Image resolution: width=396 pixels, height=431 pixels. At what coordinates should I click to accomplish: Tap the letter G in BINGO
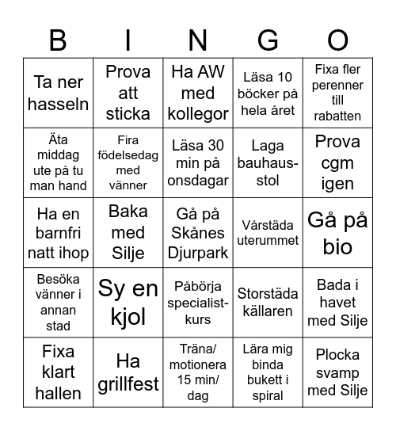point(268,39)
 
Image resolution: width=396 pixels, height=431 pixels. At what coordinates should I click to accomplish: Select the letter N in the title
point(198,39)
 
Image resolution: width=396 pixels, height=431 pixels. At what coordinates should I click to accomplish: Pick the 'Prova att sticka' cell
point(128,93)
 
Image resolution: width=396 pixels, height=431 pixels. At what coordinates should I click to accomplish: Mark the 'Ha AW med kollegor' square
point(198,93)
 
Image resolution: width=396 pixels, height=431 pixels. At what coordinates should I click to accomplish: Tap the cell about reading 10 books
point(268,93)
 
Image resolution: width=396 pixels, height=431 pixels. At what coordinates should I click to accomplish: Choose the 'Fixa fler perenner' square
point(338,93)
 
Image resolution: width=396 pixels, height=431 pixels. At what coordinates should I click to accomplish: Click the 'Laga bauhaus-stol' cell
point(268,162)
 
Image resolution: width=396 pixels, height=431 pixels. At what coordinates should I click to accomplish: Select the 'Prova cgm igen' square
point(338,162)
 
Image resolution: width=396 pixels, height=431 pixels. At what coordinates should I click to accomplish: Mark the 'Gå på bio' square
point(338,232)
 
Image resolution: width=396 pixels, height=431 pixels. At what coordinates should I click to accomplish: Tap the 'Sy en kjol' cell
point(128,303)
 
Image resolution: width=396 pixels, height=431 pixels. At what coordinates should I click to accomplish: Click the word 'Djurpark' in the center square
point(198,254)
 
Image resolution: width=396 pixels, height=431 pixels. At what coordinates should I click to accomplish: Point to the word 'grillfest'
point(128,383)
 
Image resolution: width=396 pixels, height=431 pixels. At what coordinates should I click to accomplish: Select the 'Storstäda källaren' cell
point(268,303)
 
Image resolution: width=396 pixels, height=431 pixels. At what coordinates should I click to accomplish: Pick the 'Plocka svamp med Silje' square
point(338,372)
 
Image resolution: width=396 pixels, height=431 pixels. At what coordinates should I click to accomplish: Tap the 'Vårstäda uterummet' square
point(268,232)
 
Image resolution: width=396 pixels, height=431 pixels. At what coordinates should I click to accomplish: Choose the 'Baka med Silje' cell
point(128,232)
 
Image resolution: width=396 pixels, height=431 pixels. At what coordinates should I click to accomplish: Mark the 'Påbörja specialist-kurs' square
point(198,303)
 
